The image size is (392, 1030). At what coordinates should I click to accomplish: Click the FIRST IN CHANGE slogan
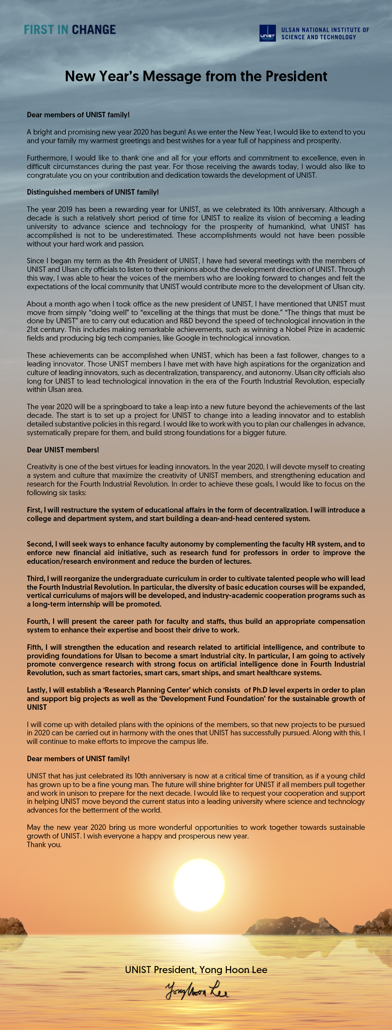point(70,29)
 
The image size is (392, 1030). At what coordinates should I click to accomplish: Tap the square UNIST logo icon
point(267,33)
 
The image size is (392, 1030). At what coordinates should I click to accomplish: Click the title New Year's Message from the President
point(196,76)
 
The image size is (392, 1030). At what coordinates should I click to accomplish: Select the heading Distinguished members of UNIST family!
point(93,192)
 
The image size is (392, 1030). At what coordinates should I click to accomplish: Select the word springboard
point(105,407)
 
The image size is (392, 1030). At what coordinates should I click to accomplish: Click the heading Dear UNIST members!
point(63,449)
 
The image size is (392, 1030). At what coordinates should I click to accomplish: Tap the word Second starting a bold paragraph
point(40,544)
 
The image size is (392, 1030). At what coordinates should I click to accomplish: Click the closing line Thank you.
point(44,844)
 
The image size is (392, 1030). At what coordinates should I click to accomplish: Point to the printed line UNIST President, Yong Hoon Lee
point(196,970)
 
